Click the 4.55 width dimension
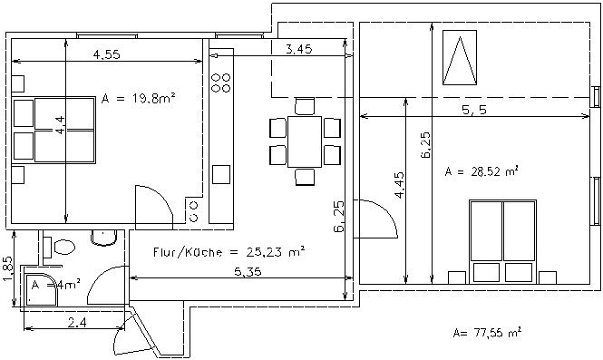(106, 54)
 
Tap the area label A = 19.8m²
(139, 99)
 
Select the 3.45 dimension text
(299, 49)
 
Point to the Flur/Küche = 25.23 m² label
(229, 252)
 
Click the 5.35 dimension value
(248, 272)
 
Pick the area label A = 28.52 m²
(481, 171)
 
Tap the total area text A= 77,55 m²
(487, 332)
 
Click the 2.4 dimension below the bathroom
(77, 322)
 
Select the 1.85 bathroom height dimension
(8, 268)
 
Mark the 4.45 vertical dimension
(400, 185)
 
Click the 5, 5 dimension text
(474, 110)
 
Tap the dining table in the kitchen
(305, 141)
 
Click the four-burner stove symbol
(221, 83)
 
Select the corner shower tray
(41, 289)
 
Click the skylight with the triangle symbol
(460, 58)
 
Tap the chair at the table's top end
(305, 106)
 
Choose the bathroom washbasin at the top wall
(103, 238)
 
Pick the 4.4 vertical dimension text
(61, 125)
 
